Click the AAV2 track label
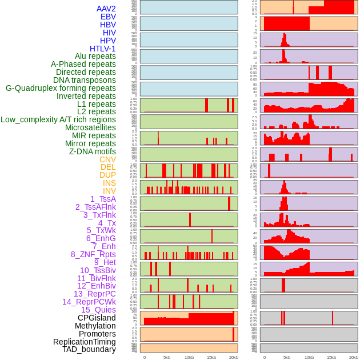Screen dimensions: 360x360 tap(106, 9)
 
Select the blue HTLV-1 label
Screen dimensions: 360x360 tap(102, 49)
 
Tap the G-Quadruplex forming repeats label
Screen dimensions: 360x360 tap(61, 88)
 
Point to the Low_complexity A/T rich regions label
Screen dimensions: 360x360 tap(58, 119)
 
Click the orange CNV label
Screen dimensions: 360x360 tap(107, 159)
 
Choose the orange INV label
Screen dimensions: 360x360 tap(109, 191)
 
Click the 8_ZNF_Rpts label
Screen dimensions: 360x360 tap(93, 254)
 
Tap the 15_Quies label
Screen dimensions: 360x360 tap(98, 310)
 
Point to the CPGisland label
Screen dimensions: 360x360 tap(97, 318)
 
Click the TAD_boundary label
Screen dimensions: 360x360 tap(89, 349)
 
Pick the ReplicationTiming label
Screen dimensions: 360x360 tap(84, 342)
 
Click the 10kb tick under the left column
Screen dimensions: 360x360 tap(189, 357)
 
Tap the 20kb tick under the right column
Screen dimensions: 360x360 tap(354, 357)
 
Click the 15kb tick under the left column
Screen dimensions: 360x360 tap(211, 357)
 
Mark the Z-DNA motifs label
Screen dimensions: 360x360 tap(92, 151)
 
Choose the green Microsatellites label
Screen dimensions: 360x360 tap(90, 127)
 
